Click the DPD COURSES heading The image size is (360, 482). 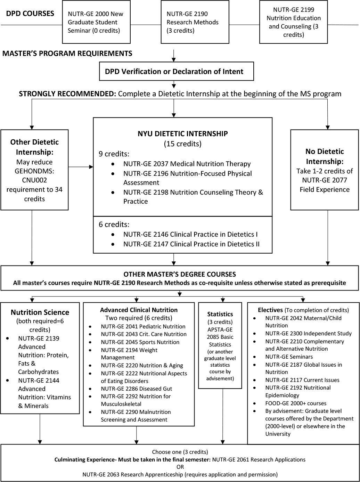click(30, 14)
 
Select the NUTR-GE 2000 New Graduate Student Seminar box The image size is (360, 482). click(96, 22)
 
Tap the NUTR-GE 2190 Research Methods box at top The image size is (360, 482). click(195, 22)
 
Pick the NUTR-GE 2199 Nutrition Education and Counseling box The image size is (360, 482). click(293, 22)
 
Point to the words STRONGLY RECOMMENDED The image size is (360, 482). click(67, 94)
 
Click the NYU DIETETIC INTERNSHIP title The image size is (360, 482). click(182, 134)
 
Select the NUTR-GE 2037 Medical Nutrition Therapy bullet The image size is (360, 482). click(187, 164)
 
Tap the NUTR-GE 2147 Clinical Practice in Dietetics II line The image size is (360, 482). click(191, 244)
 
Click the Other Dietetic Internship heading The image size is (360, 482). click(34, 147)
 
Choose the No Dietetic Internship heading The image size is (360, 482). click(325, 156)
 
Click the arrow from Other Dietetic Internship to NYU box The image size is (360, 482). click(81, 167)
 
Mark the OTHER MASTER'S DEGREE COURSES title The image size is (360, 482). click(180, 274)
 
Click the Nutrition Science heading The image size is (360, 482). click(40, 312)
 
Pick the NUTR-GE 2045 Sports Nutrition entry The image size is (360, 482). click(140, 342)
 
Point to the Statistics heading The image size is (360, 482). click(220, 314)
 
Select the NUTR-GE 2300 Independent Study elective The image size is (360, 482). click(308, 334)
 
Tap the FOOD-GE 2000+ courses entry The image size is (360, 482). click(295, 403)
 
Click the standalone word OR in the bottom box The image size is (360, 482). click(180, 467)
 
